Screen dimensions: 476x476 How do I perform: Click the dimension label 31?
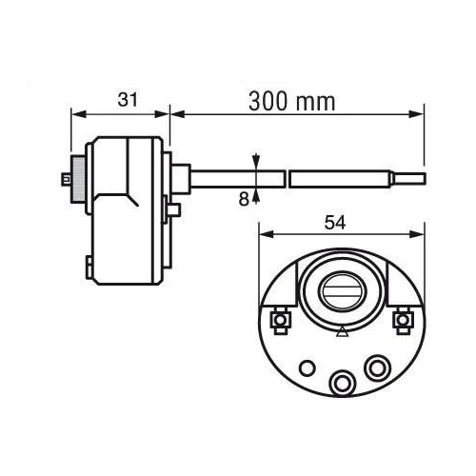click(x=128, y=100)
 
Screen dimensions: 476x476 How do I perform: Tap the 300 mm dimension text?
click(x=292, y=102)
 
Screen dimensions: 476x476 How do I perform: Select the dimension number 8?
click(x=244, y=200)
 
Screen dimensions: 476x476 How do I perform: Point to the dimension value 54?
click(x=335, y=223)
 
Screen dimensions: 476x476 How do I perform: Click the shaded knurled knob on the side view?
click(x=78, y=179)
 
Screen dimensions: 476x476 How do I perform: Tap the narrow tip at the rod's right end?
click(x=409, y=179)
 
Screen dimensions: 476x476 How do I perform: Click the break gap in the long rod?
click(x=287, y=179)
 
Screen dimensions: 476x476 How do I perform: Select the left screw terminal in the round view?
click(x=280, y=320)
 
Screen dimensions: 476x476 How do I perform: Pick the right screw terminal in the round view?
click(x=403, y=320)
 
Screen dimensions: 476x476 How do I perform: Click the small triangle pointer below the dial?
click(x=342, y=332)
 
